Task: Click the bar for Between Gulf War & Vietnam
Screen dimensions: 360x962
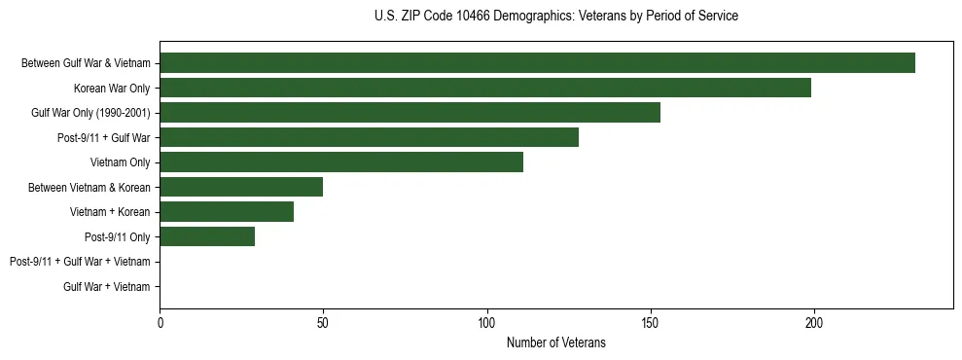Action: (537, 63)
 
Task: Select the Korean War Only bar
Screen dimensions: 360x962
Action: (485, 88)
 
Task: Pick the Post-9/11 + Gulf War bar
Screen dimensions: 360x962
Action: (369, 137)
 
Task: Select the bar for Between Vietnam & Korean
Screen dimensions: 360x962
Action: (241, 187)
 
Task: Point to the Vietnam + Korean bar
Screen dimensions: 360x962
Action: (227, 212)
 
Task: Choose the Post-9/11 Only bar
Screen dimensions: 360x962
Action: (207, 236)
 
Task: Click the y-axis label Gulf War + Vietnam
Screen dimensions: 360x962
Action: (106, 286)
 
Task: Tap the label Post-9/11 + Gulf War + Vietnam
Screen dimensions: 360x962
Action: (80, 262)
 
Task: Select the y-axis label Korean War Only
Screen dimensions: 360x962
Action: (112, 89)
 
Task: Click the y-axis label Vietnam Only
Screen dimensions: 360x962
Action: (120, 162)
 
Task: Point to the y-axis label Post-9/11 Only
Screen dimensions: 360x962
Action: (118, 236)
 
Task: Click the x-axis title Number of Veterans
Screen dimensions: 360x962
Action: (555, 342)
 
